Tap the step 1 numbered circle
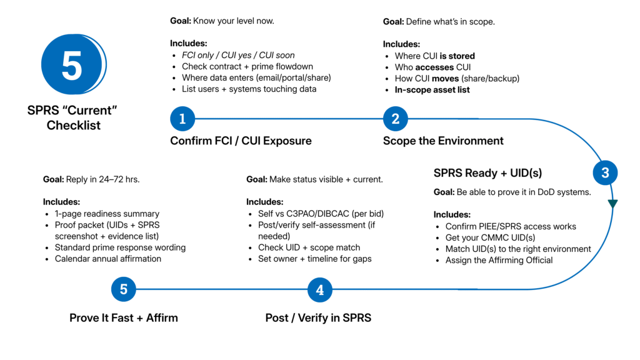coord(182,119)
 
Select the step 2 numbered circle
coord(396,119)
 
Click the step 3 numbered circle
coord(605,172)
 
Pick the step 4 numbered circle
coord(319,290)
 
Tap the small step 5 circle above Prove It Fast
coord(124,289)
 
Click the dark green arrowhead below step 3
coord(612,203)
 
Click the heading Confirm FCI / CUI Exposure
coord(241,141)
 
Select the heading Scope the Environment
coord(443,141)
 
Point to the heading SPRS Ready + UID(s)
coord(487,173)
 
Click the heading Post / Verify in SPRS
coord(318,318)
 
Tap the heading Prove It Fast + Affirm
coord(124,318)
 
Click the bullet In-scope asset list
coord(432,90)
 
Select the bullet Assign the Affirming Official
coord(499,261)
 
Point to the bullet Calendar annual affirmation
coord(108,259)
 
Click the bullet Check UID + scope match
coord(309,247)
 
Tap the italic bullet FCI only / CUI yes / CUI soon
coord(238,55)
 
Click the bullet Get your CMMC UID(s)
coord(490,237)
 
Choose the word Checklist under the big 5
coord(74,125)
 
